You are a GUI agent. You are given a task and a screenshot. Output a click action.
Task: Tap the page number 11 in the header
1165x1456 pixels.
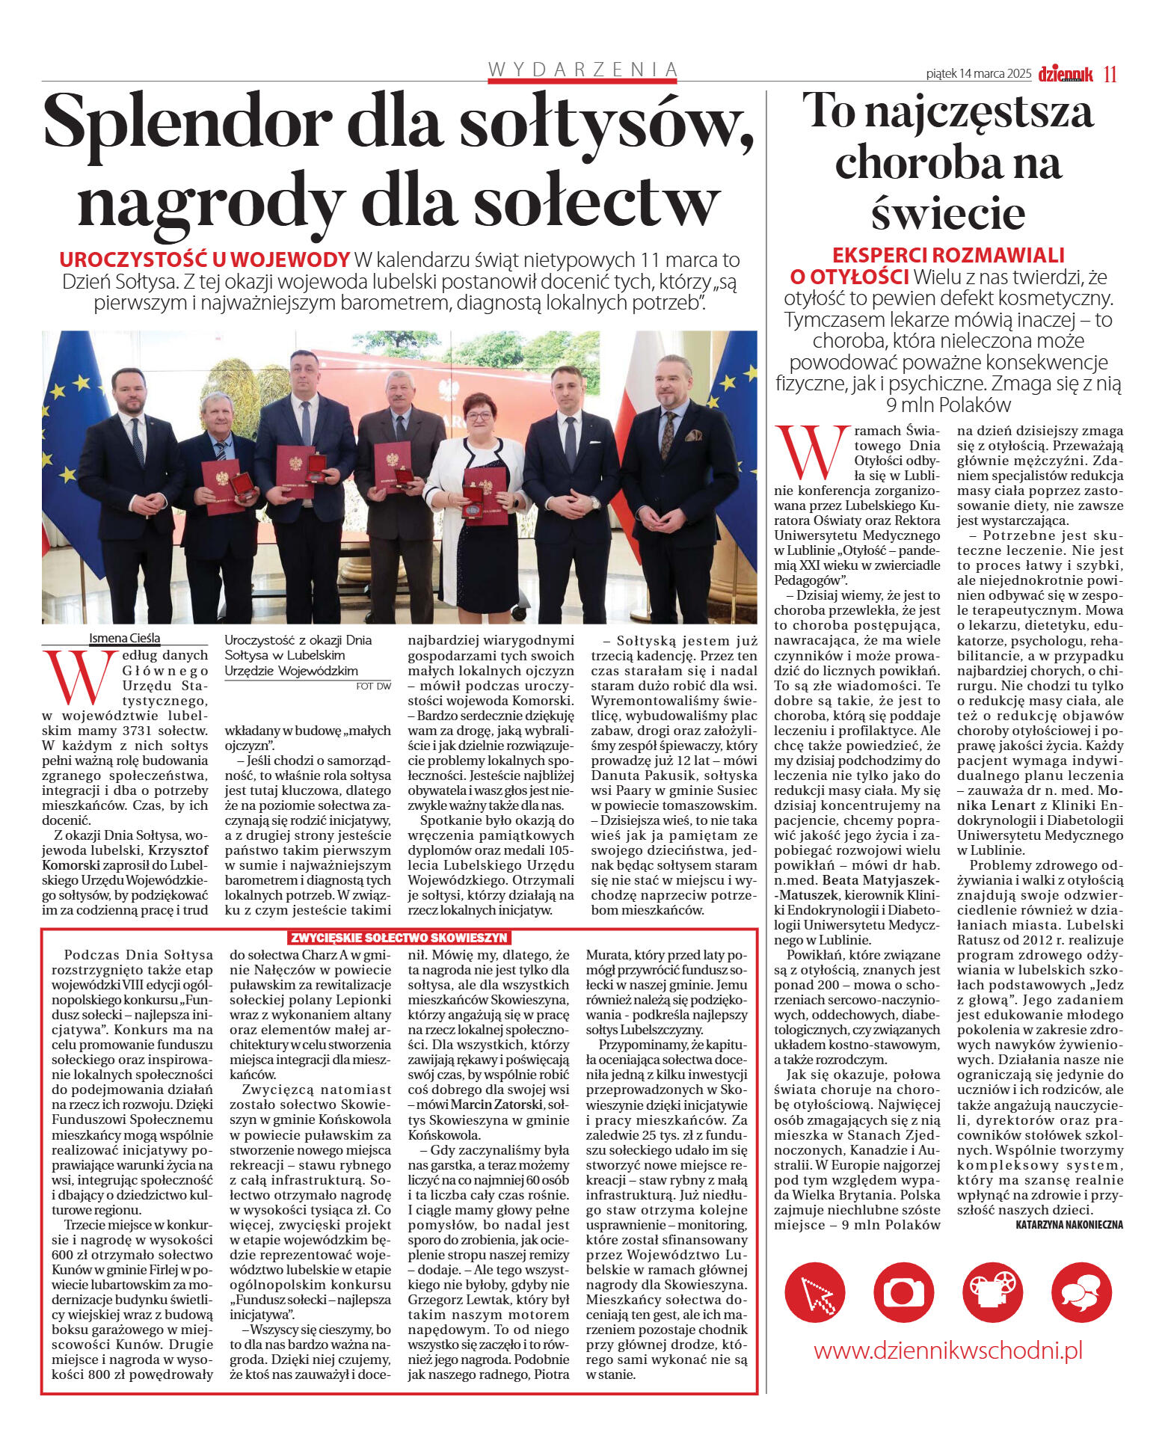coord(1110,74)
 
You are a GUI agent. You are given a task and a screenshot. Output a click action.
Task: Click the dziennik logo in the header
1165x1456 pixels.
coord(1066,73)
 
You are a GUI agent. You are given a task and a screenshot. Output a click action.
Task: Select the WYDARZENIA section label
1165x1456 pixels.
coord(582,70)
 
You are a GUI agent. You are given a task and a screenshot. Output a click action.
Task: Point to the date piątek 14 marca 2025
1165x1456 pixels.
coord(978,74)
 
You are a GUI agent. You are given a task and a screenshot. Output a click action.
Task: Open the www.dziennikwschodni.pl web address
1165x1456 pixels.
coord(947,1351)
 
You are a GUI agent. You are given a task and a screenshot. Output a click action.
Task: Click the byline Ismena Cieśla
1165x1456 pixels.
coord(124,638)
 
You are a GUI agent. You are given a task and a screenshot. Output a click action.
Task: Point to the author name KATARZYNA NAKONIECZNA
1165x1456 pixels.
coord(1069,1225)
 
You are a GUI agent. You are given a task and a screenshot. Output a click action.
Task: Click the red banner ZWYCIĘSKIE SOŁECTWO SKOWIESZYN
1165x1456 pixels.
coord(399,938)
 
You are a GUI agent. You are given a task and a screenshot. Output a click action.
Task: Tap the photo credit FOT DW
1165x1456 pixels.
coord(373,686)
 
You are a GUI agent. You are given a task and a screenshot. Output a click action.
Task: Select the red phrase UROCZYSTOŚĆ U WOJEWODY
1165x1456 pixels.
coord(204,260)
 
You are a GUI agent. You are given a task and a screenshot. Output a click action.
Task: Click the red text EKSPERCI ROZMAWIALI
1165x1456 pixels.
coord(948,255)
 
